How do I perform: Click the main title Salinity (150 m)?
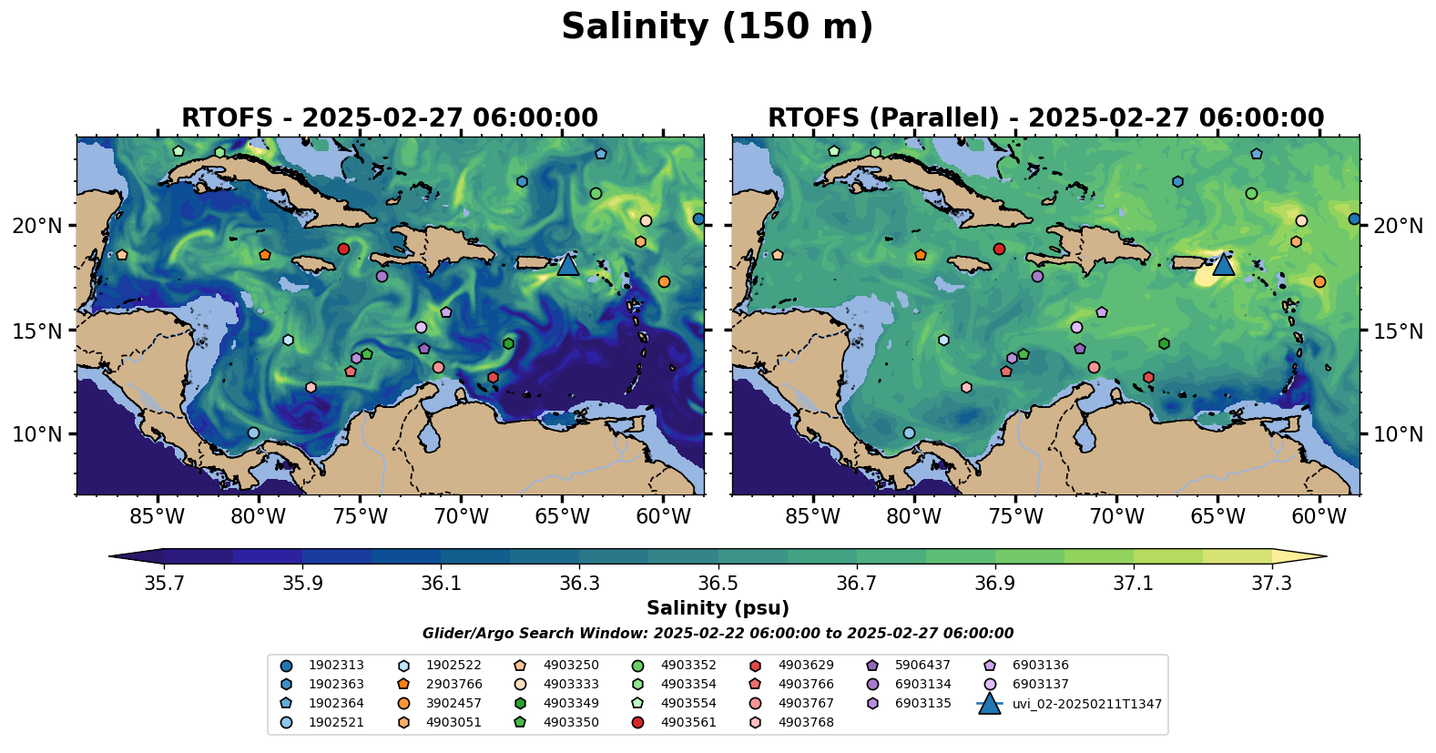717,27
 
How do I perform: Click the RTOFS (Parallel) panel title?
1045,118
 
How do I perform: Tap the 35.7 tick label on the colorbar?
164,584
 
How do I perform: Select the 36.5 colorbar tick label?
718,584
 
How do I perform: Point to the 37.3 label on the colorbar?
1271,584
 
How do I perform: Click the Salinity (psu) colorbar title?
718,608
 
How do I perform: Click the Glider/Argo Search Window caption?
718,634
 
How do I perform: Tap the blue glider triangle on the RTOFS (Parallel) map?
1223,264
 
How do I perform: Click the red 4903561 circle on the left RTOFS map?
343,249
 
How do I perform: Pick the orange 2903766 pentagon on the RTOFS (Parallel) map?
921,255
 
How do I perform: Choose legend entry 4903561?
687,723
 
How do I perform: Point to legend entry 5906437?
922,666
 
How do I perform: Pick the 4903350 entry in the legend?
570,723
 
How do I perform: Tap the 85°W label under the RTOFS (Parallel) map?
812,517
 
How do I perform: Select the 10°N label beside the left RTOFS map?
37,434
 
